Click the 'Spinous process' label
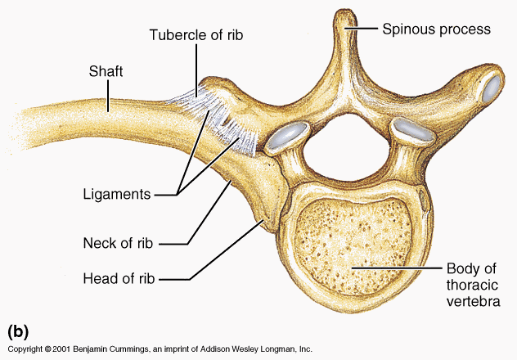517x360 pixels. pos(436,29)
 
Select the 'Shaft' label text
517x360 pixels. pos(106,72)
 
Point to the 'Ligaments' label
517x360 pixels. pos(117,195)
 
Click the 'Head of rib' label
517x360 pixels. pos(119,278)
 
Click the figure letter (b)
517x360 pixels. pos(18,331)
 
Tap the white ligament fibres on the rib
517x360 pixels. pos(217,115)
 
